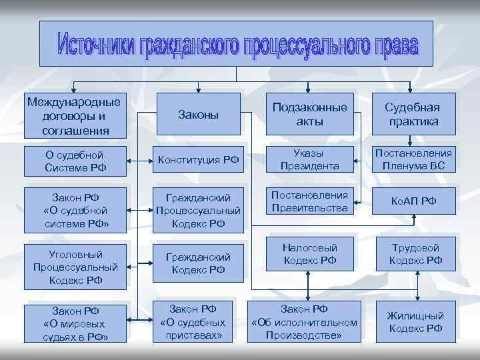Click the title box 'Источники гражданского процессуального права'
(236, 44)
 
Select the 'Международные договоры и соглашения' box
(74, 115)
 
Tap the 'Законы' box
(198, 115)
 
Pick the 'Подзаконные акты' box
(309, 115)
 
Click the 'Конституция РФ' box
(198, 159)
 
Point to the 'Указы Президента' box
(309, 159)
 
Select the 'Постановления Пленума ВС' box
(413, 159)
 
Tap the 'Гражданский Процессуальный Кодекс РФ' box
(198, 210)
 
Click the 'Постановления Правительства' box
(309, 201)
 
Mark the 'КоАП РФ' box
(414, 201)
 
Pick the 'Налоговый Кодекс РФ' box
(310, 254)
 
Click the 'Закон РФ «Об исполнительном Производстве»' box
(304, 322)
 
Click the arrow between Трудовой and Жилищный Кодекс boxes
(417, 287)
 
